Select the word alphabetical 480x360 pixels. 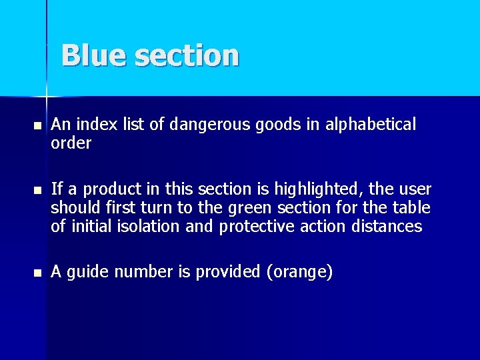pos(370,125)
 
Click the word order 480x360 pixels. pos(71,143)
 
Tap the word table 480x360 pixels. pos(413,209)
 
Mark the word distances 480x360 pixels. pos(384,227)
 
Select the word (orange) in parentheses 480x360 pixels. pos(297,272)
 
